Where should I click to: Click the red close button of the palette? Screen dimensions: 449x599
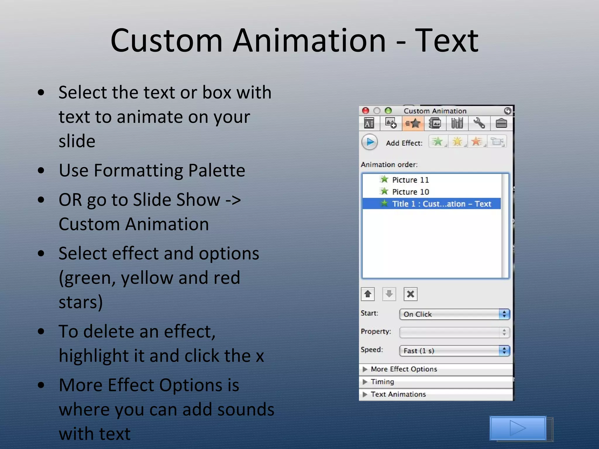(365, 111)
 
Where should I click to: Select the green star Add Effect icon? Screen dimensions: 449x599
(438, 142)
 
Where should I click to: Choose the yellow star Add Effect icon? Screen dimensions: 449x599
(457, 142)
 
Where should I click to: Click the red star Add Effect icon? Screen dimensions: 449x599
(477, 142)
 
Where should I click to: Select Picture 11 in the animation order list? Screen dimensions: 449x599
(410, 180)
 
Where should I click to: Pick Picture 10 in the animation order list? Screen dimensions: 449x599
(410, 192)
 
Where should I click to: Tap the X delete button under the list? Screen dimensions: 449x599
(410, 294)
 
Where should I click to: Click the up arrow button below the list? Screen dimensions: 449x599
(368, 294)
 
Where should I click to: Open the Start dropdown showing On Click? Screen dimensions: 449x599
(454, 314)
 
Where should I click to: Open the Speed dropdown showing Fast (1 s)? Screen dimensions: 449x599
(454, 351)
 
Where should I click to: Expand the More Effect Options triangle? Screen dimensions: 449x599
(365, 369)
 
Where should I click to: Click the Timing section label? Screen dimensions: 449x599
(382, 382)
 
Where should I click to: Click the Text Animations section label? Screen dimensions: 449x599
(398, 394)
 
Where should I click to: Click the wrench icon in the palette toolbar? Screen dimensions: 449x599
(479, 123)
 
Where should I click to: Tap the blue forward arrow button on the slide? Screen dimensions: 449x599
(518, 428)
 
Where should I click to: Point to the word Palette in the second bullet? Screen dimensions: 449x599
(216, 170)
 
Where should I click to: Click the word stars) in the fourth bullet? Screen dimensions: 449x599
(81, 302)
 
